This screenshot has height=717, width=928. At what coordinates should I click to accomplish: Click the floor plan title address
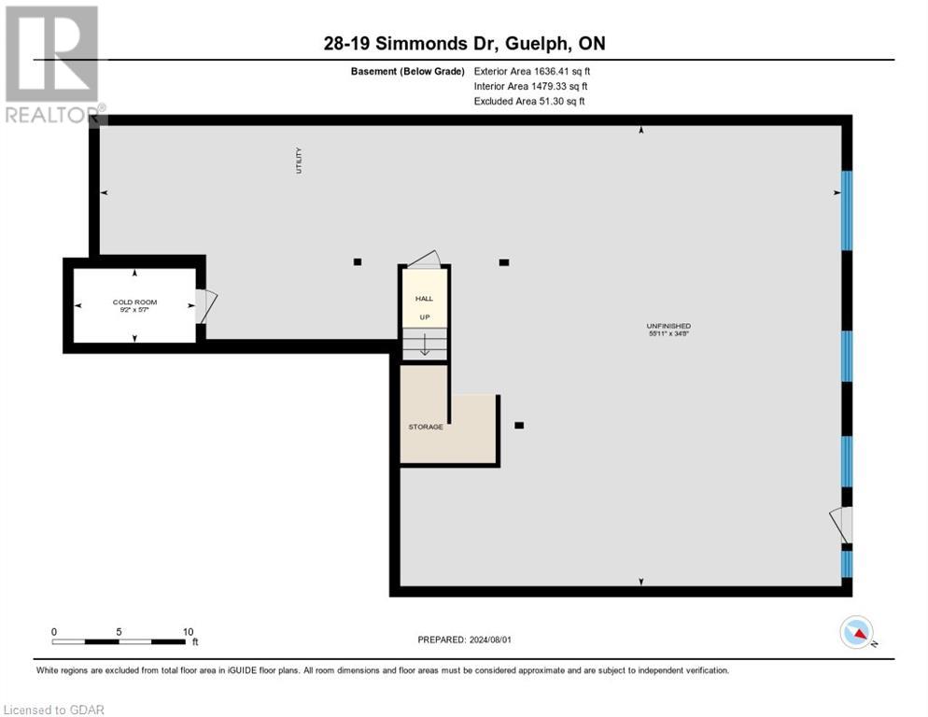point(464,44)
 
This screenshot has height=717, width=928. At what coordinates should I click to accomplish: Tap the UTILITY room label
point(299,161)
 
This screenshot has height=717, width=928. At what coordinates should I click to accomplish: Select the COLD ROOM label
point(135,302)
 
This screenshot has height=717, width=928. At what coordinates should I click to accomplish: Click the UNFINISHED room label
point(668,326)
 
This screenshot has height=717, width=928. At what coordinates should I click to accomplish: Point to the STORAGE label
point(426,427)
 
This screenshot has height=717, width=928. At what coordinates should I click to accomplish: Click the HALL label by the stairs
point(424,299)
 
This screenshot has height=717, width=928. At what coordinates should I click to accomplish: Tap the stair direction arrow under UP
point(424,346)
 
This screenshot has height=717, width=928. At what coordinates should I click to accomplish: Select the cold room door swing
point(205,305)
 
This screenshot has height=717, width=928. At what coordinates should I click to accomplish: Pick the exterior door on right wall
point(843,525)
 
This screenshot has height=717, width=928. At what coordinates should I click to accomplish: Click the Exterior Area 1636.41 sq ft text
point(532,71)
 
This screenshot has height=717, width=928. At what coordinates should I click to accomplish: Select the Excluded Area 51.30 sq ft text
point(529,101)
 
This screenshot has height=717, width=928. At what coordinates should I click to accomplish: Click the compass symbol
point(857,633)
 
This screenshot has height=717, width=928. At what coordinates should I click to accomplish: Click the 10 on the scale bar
point(188,631)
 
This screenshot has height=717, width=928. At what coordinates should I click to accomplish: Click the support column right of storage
point(519,426)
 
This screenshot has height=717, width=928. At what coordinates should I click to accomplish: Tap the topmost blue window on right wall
point(847,210)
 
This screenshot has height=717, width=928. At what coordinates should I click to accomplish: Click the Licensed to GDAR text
point(53,710)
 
